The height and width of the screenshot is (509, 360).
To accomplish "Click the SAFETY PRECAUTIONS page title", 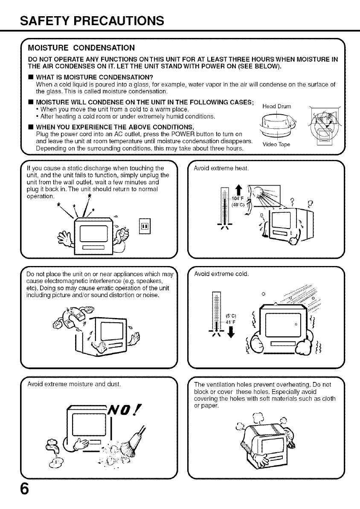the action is point(93,20).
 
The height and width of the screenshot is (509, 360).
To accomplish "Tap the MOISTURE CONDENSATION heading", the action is point(81,47).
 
